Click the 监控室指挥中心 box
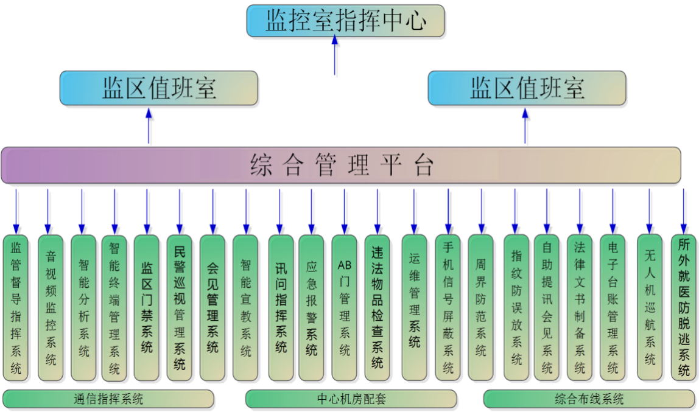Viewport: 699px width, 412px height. pos(345,21)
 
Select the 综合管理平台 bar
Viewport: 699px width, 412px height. pos(341,165)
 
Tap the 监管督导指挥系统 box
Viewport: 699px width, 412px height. pos(16,308)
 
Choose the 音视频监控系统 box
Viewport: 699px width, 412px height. pos(51,308)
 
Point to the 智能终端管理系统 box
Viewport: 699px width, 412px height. pos(114,308)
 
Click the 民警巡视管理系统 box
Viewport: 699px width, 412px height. pos(179,308)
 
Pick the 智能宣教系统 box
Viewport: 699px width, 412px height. pos(245,308)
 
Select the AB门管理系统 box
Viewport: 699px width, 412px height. pos(345,308)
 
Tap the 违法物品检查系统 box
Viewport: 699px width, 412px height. pos(377,308)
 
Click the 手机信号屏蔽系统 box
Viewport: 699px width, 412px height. pos(448,308)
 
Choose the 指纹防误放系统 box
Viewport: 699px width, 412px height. pos(516,308)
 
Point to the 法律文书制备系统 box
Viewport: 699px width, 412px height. pos(580,308)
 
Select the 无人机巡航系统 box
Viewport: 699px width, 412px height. pos(650,308)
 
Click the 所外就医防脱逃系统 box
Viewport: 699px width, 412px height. pos(684,308)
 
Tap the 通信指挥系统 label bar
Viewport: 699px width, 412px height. pos(108,399)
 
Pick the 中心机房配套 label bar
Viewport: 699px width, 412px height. pos(351,399)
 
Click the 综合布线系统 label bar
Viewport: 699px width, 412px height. pos(589,399)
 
